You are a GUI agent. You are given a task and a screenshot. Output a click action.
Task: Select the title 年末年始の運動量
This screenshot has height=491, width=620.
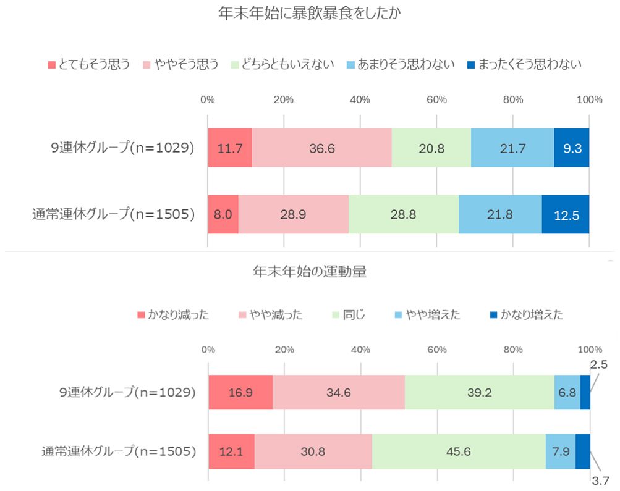pos(309,271)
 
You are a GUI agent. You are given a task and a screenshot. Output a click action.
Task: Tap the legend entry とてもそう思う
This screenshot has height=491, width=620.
pos(88,64)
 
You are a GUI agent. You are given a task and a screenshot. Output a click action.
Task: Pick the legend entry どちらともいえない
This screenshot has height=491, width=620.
pos(282,64)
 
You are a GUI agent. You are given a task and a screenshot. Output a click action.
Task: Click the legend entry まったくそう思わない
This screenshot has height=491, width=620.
pos(524,64)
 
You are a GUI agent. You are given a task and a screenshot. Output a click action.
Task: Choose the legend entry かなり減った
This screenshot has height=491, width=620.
pos(173,315)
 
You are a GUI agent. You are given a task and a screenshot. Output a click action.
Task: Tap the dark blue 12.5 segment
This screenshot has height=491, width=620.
pos(566,214)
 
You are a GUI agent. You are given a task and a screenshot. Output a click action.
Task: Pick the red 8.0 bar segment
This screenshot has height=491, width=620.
pos(223,214)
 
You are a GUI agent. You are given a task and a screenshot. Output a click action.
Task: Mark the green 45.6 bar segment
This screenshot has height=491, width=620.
pos(459,451)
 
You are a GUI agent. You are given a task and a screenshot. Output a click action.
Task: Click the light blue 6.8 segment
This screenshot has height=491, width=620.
pos(567,392)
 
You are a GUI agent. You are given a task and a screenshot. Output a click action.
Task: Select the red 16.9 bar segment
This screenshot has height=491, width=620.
pos(240,392)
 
